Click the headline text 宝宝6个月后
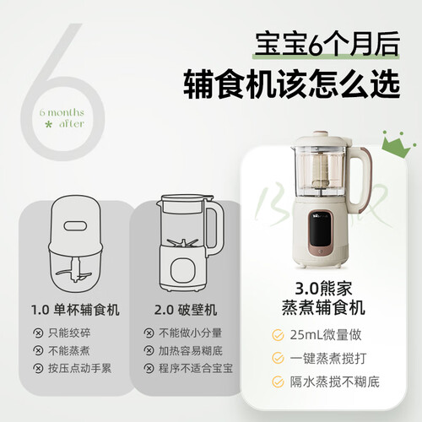point(327,45)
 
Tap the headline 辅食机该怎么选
point(292,84)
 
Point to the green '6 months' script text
point(62,112)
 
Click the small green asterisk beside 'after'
point(49,124)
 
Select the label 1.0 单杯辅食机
point(75,310)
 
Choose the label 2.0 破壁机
point(186,310)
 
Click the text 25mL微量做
point(326,335)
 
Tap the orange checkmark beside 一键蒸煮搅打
point(278,358)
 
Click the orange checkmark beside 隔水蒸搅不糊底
point(278,381)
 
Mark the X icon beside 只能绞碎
point(38,333)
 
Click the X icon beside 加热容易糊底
point(149,350)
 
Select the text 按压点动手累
point(80,368)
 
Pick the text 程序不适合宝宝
point(196,368)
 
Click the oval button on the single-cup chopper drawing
point(75,225)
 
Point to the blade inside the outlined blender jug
point(182,243)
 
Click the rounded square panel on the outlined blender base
point(183,271)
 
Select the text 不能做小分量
point(191,333)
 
